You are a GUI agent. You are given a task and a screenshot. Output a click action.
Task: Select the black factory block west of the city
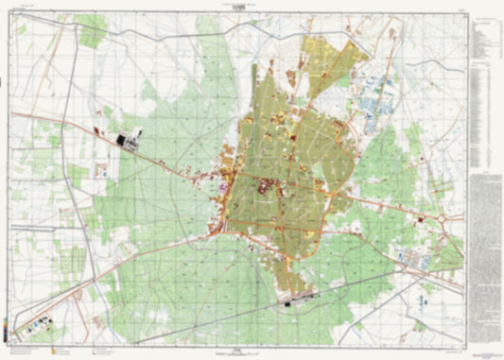[x=127, y=141]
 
